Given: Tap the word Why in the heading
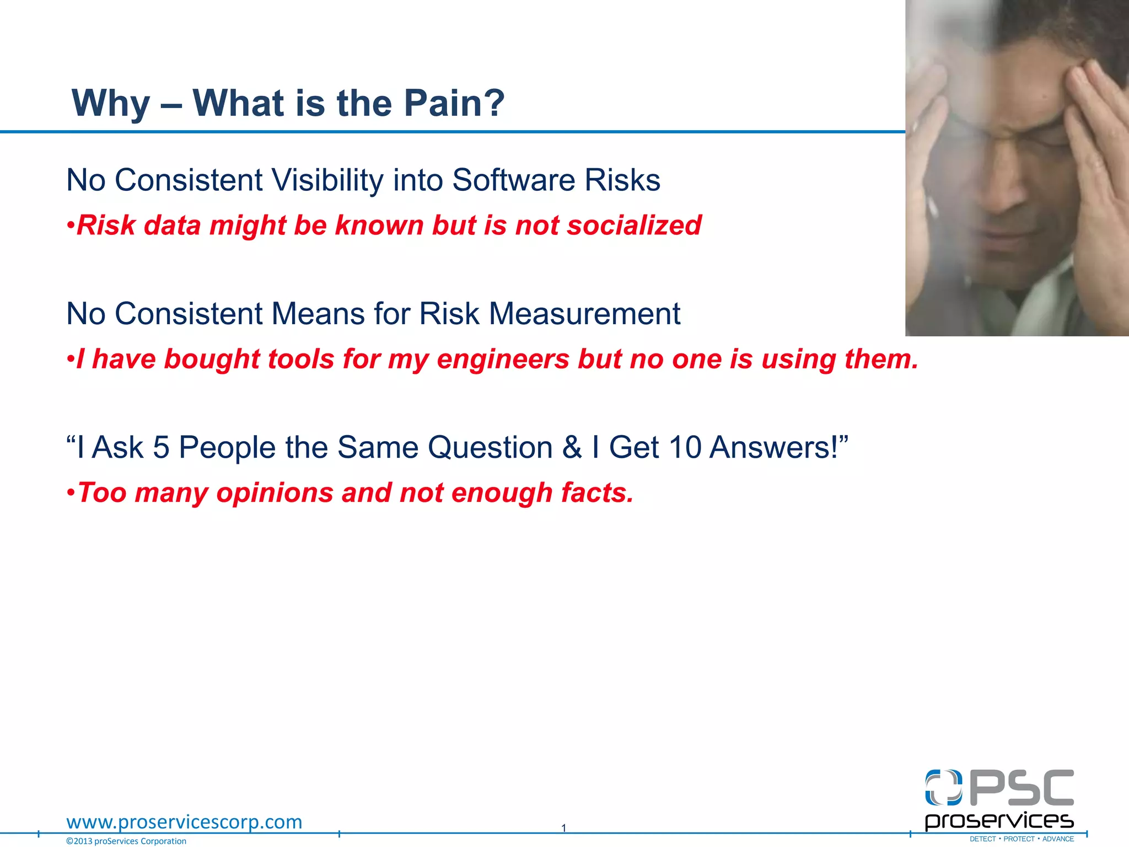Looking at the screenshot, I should [x=110, y=104].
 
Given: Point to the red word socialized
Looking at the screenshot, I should [x=634, y=226].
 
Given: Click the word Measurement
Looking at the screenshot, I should [x=584, y=314].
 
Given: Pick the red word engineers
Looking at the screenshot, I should [x=503, y=360].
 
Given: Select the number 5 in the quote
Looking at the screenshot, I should [x=161, y=447].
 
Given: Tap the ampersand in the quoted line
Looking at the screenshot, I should [x=572, y=447].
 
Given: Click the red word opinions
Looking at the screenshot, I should [x=275, y=493].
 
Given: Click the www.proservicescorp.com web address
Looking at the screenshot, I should [x=184, y=822].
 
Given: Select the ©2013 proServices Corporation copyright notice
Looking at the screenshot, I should [x=126, y=841].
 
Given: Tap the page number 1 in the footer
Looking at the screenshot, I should [x=563, y=828].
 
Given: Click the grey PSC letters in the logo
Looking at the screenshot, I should [x=1021, y=788].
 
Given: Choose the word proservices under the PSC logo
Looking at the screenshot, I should [x=999, y=821].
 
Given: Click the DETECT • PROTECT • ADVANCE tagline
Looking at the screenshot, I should [x=1022, y=839].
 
